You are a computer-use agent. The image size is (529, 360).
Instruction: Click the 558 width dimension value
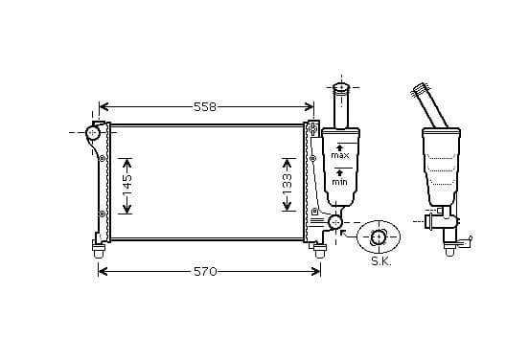click(x=205, y=107)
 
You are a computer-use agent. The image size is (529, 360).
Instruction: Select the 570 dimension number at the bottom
click(x=205, y=271)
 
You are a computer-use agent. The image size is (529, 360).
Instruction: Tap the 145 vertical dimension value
click(x=127, y=185)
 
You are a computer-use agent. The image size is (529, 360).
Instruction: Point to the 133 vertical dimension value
click(x=287, y=184)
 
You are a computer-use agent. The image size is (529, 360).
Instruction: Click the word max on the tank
click(x=340, y=155)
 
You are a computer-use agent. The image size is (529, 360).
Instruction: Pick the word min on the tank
click(x=339, y=182)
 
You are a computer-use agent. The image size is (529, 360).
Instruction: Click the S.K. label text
click(x=381, y=261)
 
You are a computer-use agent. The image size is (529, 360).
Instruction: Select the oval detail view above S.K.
click(x=379, y=237)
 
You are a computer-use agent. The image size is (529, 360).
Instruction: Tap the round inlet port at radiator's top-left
click(x=92, y=133)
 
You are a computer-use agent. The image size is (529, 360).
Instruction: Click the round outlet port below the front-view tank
click(x=335, y=222)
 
